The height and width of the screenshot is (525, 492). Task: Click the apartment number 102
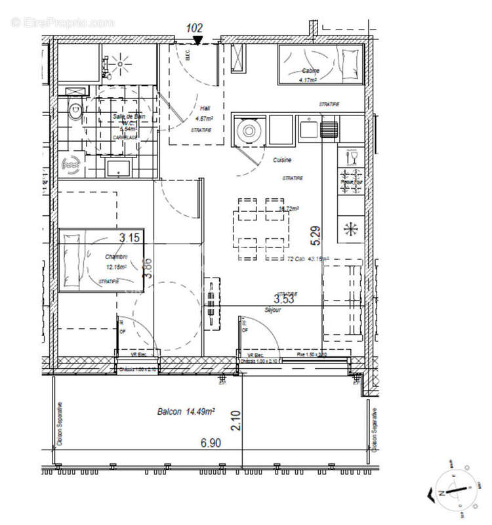click(194, 28)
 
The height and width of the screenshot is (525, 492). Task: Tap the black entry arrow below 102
click(198, 41)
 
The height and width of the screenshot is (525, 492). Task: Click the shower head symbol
click(120, 64)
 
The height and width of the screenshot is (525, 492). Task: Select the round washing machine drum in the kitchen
click(249, 130)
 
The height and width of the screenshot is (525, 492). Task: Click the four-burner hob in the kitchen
click(350, 181)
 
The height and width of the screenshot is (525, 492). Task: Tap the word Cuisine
click(282, 159)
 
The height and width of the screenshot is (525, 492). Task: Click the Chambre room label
click(115, 257)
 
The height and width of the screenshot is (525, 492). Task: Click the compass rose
click(451, 492)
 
